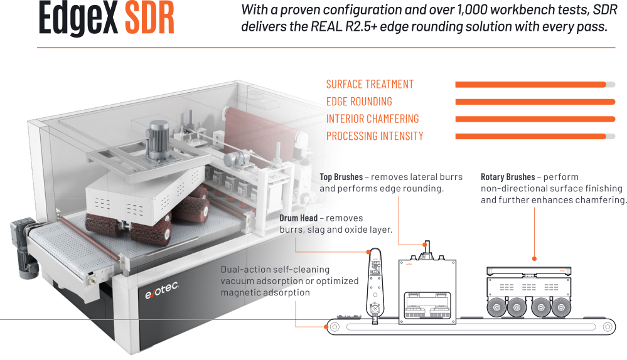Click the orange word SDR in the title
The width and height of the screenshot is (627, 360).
(x=149, y=18)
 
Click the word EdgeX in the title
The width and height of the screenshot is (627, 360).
(x=78, y=19)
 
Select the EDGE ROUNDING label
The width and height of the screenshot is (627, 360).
(x=359, y=102)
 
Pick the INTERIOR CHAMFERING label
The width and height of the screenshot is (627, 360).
(x=372, y=119)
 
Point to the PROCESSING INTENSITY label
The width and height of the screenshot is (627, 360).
(x=375, y=136)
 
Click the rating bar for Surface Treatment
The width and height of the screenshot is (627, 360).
(x=535, y=84)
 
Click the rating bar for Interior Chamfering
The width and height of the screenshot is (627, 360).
(x=535, y=119)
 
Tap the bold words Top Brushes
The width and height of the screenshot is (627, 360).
(x=341, y=177)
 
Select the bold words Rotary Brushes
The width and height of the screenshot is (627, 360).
(x=508, y=177)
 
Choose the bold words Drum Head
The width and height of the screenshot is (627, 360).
(x=298, y=218)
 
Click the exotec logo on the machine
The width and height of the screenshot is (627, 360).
(x=161, y=290)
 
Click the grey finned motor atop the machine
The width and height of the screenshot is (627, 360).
(x=159, y=140)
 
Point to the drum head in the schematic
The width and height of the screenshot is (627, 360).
(x=375, y=285)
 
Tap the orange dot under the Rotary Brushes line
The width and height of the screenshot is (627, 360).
(x=534, y=259)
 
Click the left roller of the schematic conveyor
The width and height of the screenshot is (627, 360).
(x=335, y=327)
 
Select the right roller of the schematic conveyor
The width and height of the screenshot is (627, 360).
(x=608, y=327)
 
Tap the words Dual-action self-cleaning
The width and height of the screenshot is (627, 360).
(x=275, y=269)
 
